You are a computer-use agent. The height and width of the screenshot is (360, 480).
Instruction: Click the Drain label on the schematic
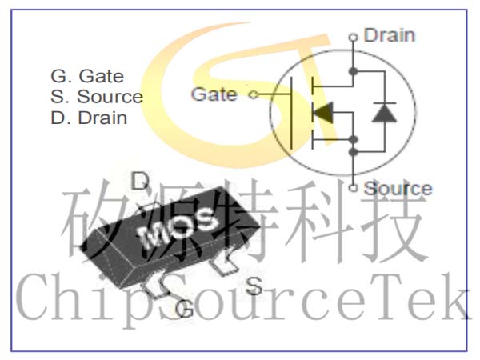pyautogui.click(x=389, y=35)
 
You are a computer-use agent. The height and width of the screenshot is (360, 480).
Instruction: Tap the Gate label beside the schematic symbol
pyautogui.click(x=214, y=94)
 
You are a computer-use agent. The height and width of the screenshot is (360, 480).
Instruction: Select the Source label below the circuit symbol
pyautogui.click(x=398, y=188)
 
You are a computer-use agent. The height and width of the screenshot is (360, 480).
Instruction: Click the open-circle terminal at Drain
pyautogui.click(x=354, y=38)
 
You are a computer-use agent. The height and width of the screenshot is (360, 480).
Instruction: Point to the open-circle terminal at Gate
pyautogui.click(x=254, y=94)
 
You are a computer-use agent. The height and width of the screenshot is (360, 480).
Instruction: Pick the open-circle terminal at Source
pyautogui.click(x=354, y=188)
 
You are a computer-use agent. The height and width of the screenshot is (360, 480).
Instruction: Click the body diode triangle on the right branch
pyautogui.click(x=384, y=113)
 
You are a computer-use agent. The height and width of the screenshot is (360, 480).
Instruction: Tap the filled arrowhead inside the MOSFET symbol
pyautogui.click(x=323, y=112)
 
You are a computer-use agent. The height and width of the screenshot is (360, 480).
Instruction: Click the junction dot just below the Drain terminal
pyautogui.click(x=354, y=71)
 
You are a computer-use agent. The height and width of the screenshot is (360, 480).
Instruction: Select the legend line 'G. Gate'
pyautogui.click(x=87, y=76)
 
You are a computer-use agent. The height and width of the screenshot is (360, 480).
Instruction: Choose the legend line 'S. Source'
pyautogui.click(x=97, y=97)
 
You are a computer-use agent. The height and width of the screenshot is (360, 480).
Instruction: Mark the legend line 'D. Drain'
pyautogui.click(x=89, y=118)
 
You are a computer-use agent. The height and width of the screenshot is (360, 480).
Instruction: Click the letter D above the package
pyautogui.click(x=140, y=181)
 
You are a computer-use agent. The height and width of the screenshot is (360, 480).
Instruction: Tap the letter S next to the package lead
pyautogui.click(x=254, y=286)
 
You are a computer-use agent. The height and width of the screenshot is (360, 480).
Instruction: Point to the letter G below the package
pyautogui.click(x=185, y=309)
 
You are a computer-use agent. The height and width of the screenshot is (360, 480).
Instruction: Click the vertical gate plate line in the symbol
pyautogui.click(x=291, y=113)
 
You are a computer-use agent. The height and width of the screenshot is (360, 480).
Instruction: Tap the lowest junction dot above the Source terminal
pyautogui.click(x=354, y=151)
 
